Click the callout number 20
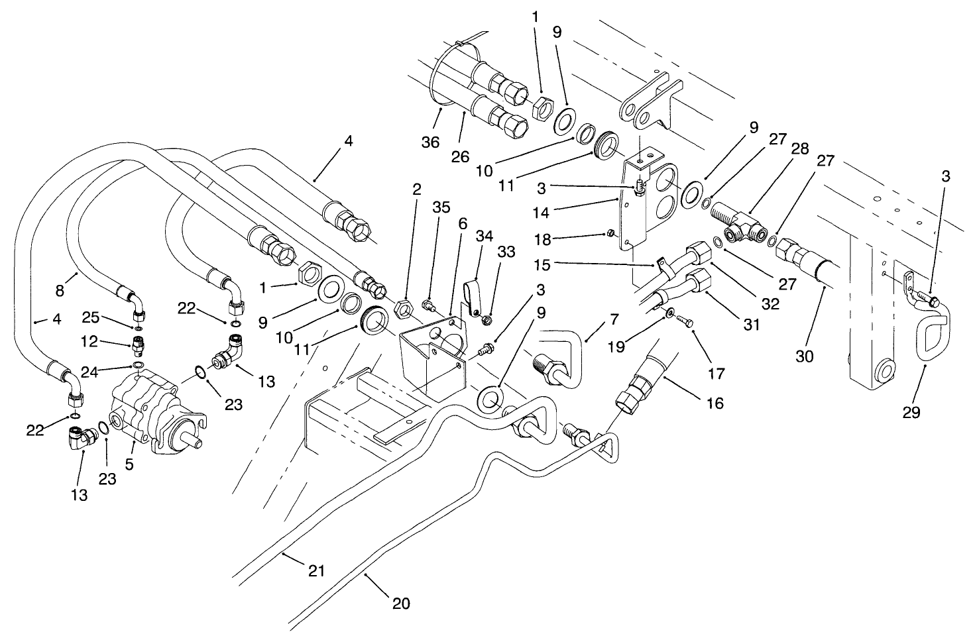[401, 604]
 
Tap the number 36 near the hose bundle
[431, 142]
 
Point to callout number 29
[911, 412]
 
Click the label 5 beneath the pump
[129, 464]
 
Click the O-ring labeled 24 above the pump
[137, 366]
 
